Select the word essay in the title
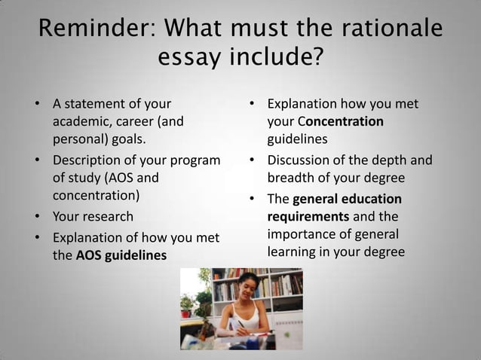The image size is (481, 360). point(189,56)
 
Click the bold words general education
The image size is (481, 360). point(347,199)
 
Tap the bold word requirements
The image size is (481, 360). point(308,216)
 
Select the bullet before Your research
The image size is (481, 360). point(37,217)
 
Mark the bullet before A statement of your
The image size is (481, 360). point(37,103)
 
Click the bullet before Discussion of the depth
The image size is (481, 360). point(251,160)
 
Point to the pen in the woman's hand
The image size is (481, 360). point(241,325)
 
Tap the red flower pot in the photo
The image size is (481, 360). point(187,311)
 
